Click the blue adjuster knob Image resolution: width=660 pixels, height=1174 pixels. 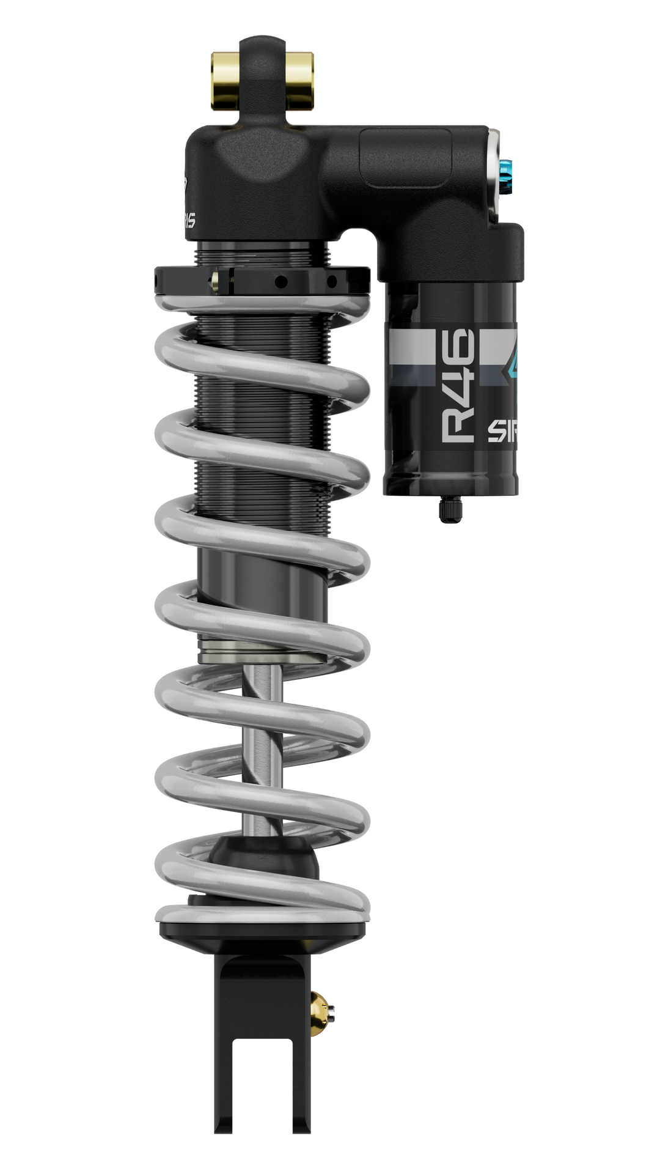pyautogui.click(x=507, y=170)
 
